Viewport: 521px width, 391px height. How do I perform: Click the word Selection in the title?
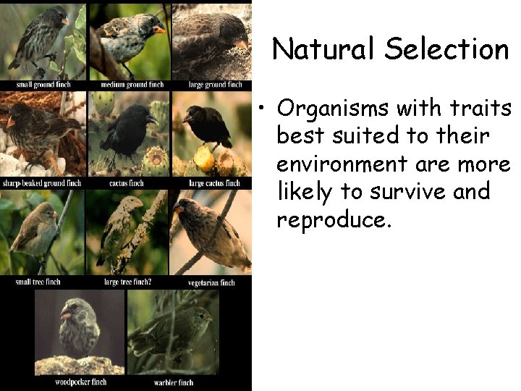(x=446, y=49)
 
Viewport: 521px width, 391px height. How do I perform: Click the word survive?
(x=415, y=192)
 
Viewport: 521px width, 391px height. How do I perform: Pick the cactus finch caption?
(x=126, y=182)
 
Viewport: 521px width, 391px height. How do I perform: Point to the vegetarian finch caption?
(x=211, y=282)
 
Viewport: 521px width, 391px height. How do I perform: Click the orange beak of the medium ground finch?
(x=159, y=30)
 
